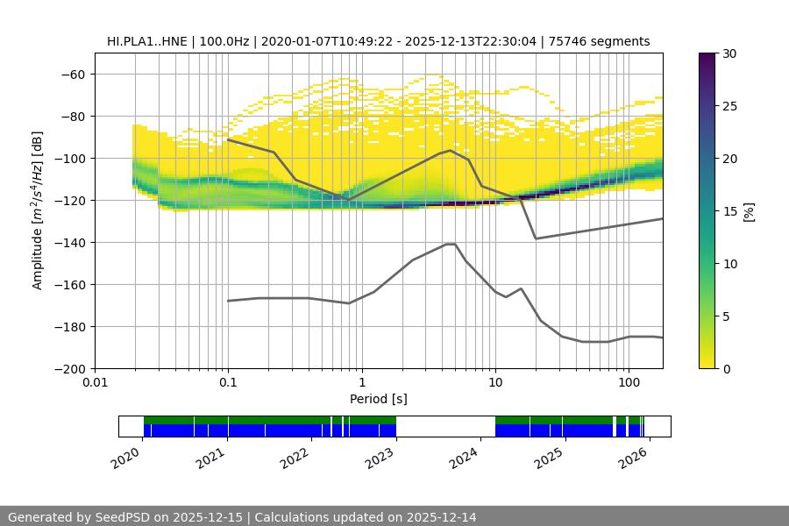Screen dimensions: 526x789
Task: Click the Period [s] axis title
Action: click(378, 399)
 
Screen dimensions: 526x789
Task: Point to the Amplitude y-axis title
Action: click(38, 210)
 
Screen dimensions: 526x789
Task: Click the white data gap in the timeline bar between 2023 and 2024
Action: click(445, 426)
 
